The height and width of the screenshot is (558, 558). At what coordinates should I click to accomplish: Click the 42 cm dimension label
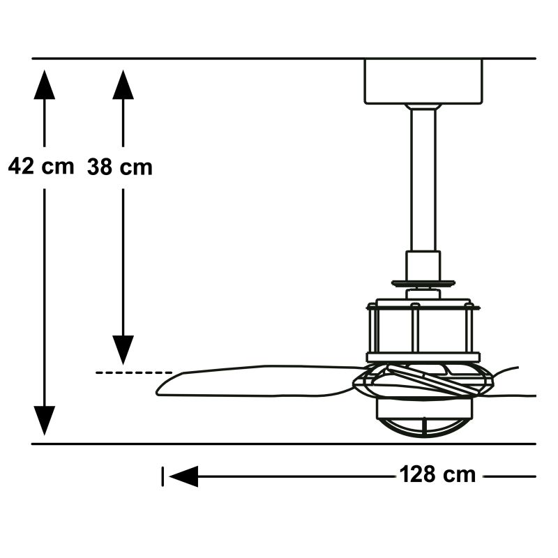coord(41,167)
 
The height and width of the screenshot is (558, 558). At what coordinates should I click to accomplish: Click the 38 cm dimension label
coord(120,167)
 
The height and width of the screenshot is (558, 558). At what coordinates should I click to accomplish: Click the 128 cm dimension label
coord(437,475)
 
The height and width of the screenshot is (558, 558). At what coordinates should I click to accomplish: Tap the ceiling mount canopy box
coord(423,81)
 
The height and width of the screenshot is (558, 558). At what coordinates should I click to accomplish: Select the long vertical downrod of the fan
coord(423,178)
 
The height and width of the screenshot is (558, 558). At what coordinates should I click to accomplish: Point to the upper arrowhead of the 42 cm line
coord(44,84)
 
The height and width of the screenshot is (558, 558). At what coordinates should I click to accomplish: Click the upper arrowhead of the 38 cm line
coord(123,84)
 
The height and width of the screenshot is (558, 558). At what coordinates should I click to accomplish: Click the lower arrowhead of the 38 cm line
coord(123,349)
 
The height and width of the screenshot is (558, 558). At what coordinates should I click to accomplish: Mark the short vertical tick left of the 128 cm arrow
coord(163,477)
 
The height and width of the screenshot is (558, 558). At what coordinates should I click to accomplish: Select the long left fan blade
coord(258,381)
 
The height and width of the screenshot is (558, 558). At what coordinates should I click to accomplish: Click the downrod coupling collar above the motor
coord(423,264)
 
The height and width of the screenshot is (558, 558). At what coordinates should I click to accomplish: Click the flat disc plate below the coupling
coord(423,284)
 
